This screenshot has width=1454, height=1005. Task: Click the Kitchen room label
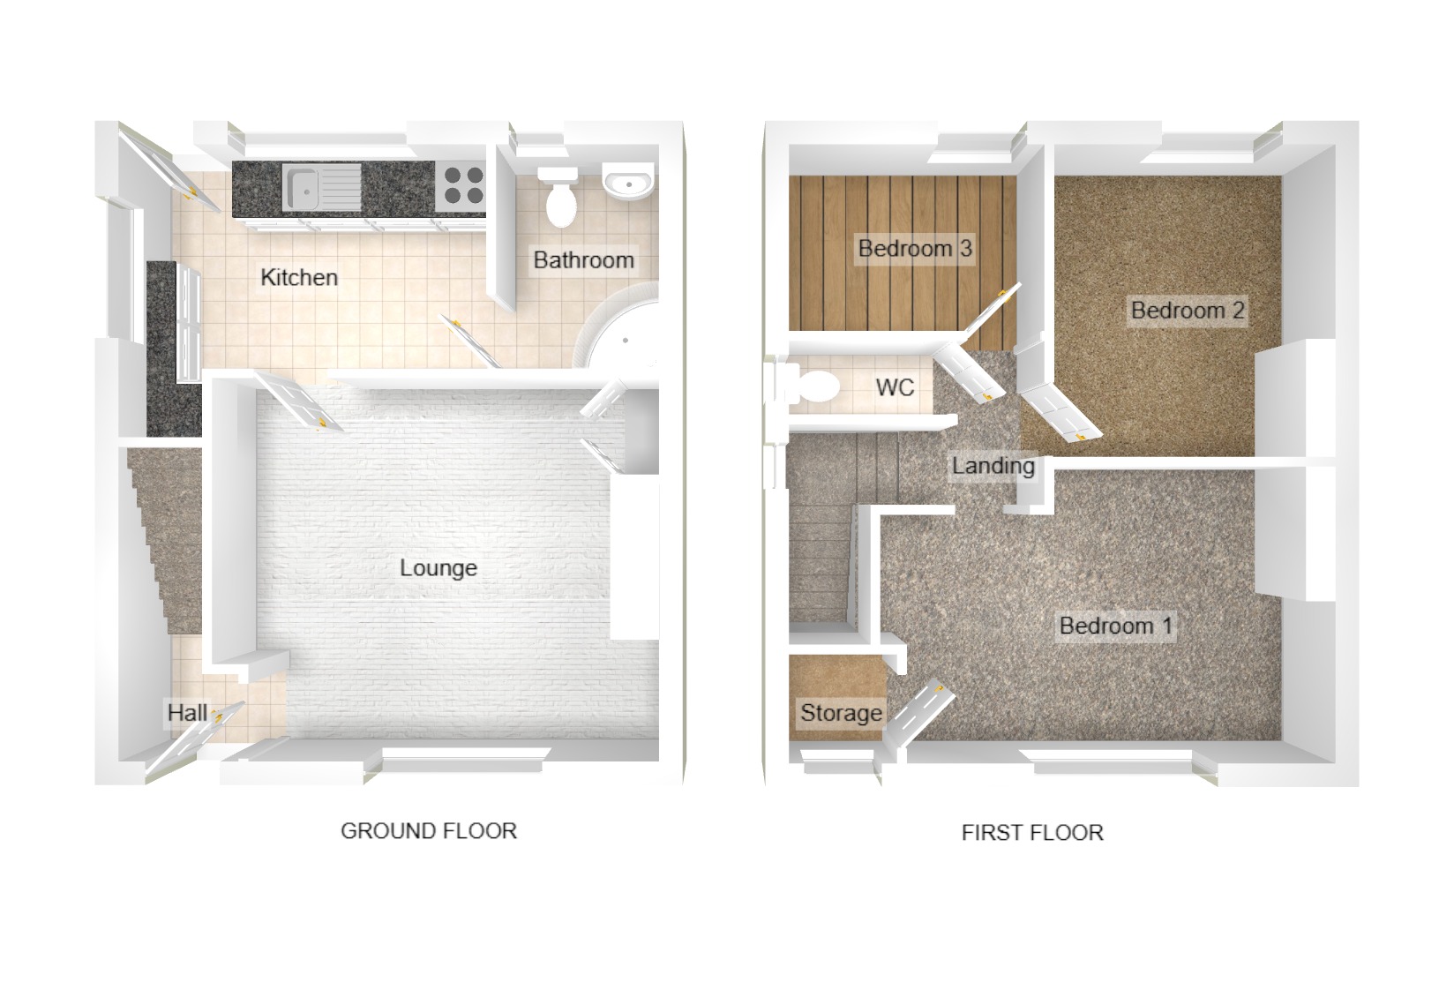299,277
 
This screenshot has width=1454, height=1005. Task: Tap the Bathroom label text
583,260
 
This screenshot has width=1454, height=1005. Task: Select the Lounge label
438,567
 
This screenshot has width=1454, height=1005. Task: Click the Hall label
188,712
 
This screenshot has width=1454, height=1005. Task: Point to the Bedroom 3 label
915,248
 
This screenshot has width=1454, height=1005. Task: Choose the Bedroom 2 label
1188,310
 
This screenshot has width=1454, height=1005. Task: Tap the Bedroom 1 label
1116,626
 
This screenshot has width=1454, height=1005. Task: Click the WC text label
895,387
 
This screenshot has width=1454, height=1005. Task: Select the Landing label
993,465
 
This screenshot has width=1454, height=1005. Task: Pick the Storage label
841,712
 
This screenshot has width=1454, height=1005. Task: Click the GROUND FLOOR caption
429,830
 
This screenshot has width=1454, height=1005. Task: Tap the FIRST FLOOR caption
1032,832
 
